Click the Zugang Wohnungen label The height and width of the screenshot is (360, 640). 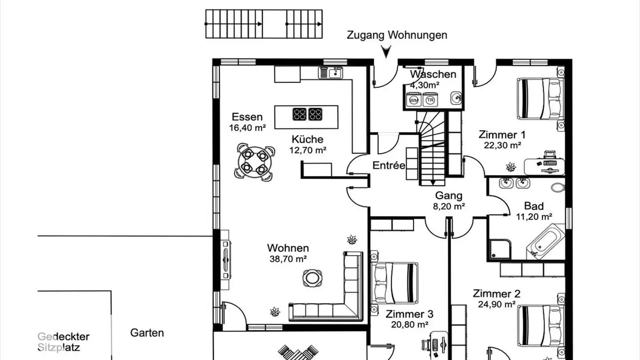(397, 35)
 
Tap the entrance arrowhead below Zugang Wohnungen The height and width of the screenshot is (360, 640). (386, 52)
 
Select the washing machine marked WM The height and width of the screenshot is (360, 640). (414, 100)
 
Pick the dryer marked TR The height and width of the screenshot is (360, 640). (430, 100)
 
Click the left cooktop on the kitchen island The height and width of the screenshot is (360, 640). (299, 114)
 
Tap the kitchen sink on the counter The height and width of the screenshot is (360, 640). (331, 72)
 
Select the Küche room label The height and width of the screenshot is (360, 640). (308, 139)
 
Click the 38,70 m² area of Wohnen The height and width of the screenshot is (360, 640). (288, 259)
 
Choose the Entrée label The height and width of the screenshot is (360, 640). (389, 166)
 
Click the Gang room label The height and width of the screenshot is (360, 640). (448, 196)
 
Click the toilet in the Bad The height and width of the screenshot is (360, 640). (557, 187)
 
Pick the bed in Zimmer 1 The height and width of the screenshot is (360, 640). (539, 99)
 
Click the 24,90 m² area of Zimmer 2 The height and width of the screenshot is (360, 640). (496, 304)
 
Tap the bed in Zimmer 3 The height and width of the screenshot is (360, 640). (394, 282)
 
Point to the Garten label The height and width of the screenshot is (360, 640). (147, 333)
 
